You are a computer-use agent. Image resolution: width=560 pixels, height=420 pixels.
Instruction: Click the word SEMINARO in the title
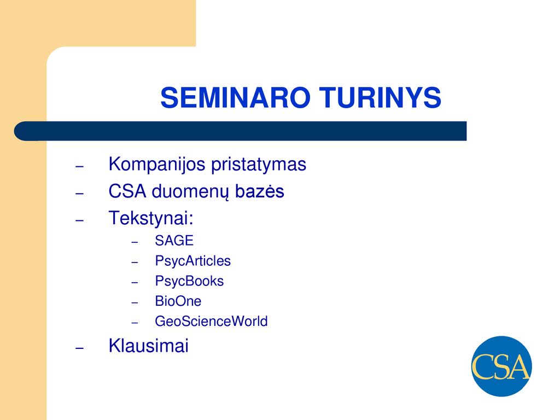click(x=235, y=97)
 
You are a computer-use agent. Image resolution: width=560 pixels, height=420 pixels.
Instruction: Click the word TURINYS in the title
click(x=381, y=97)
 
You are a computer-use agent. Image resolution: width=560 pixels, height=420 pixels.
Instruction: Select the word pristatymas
click(x=259, y=165)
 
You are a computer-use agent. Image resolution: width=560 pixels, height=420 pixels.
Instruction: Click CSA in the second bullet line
click(x=127, y=191)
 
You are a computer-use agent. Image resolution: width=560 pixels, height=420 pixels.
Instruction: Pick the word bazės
click(x=260, y=191)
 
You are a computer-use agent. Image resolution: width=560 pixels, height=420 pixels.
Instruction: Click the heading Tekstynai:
click(x=151, y=218)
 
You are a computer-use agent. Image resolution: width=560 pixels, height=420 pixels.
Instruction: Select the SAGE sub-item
click(x=174, y=241)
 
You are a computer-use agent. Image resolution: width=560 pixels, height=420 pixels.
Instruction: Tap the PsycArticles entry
click(x=193, y=261)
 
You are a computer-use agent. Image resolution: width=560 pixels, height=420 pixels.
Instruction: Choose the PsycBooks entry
click(x=189, y=282)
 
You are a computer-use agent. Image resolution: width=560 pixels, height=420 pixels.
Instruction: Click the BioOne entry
click(x=178, y=301)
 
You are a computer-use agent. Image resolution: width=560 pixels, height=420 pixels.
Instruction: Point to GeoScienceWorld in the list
click(x=212, y=322)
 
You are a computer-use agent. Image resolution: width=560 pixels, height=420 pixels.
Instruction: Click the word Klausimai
click(x=149, y=346)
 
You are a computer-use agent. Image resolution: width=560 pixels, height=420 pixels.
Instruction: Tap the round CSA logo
click(x=501, y=366)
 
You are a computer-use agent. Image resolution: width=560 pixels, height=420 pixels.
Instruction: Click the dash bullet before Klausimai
click(x=80, y=347)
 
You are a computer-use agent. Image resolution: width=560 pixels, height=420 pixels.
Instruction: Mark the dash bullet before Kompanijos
click(x=80, y=166)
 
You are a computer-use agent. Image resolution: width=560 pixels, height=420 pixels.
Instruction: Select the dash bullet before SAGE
click(x=135, y=242)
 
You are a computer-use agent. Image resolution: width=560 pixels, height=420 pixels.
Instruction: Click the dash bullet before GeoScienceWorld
click(x=135, y=323)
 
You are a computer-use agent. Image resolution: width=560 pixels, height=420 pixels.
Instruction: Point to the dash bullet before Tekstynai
click(x=80, y=220)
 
